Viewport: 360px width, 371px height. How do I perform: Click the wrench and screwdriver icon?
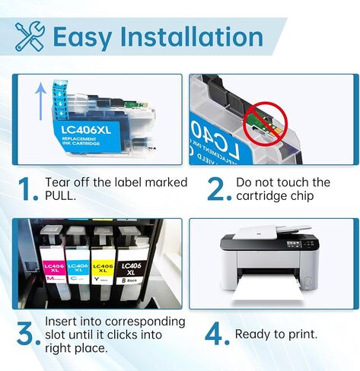(x=29, y=36)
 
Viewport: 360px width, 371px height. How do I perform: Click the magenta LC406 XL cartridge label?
(x=53, y=269)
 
